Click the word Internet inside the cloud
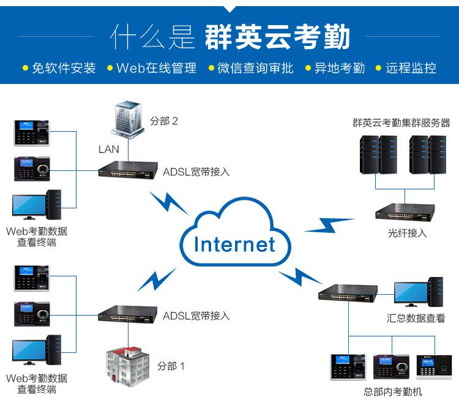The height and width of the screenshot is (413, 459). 234,244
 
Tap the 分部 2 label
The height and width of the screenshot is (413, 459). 164,121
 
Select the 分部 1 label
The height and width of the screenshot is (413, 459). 171,366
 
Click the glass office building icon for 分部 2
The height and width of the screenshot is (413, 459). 128,119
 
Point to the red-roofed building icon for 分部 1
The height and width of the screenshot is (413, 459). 128,366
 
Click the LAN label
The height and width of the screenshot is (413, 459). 108,149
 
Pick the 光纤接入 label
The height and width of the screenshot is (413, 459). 407,233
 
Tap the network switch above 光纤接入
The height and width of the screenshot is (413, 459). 405,212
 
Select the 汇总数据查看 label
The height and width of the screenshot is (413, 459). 416,318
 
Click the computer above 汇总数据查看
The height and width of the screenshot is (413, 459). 419,292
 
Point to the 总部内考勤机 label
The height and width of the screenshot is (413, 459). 392,392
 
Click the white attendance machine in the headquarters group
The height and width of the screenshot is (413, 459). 434,366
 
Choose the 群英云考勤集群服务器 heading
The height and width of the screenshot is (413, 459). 401,123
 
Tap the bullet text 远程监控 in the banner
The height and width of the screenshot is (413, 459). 411,68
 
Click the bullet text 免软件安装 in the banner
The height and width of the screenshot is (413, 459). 64,68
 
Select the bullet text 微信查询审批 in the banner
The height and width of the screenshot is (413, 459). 255,68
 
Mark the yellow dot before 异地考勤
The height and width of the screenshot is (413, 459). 308,68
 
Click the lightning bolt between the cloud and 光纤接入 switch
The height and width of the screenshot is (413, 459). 330,225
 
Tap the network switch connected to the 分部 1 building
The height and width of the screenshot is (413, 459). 128,314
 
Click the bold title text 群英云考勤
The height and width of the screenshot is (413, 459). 277,37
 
